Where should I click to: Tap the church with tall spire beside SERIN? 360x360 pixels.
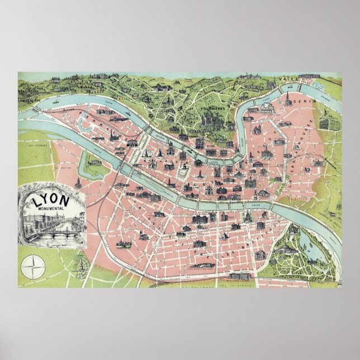[286, 101]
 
